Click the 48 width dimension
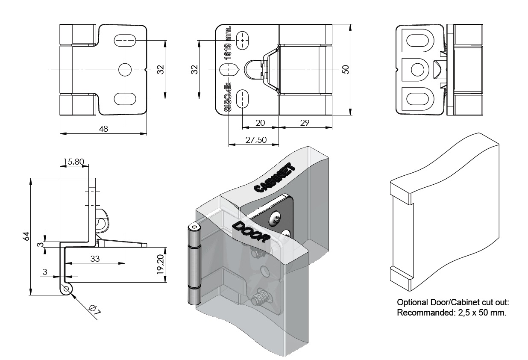103,129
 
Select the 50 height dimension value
346,69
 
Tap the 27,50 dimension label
255,139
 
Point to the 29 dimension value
305,123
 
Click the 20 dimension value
260,123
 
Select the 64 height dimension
25,236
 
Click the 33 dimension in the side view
95,258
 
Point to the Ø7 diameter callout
95,310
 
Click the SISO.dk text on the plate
228,97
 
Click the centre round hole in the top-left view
125,70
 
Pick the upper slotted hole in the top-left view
125,41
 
